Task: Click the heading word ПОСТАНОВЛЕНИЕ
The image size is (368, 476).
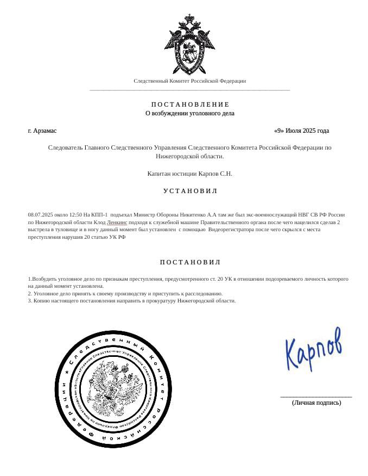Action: (x=190, y=104)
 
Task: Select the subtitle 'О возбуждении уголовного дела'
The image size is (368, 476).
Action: (x=190, y=114)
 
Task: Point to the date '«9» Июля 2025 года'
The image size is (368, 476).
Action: (x=302, y=131)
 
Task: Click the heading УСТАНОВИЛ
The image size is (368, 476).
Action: (x=190, y=191)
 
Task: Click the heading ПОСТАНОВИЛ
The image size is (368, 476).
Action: (x=190, y=262)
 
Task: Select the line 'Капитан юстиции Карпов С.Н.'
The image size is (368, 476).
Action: (x=190, y=174)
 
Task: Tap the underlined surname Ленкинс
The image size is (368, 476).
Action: (x=117, y=222)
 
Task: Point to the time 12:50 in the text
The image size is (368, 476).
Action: (x=76, y=215)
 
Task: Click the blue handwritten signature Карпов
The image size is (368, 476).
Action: (x=314, y=350)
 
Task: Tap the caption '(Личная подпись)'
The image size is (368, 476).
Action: (x=316, y=403)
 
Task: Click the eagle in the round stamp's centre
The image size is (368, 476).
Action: (x=114, y=388)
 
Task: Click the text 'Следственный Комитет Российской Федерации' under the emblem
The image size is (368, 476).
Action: (x=190, y=81)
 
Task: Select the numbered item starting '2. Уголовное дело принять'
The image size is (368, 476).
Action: (x=125, y=293)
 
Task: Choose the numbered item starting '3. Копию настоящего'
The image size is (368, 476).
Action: (x=132, y=301)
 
